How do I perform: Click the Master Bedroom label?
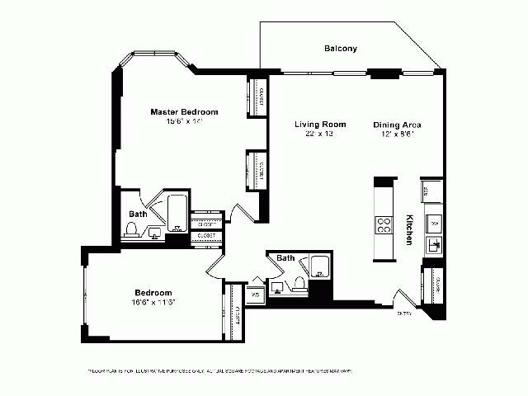point(184,111)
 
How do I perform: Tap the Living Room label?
point(320,125)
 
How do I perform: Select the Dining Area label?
point(397,125)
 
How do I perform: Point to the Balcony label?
point(340,49)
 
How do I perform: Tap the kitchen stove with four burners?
point(384,225)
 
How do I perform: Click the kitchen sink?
point(434,245)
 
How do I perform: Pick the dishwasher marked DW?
point(434,223)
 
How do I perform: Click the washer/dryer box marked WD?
point(255,295)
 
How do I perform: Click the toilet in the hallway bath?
point(299,285)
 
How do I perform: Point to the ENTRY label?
point(404,313)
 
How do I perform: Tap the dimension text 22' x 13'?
point(320,134)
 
